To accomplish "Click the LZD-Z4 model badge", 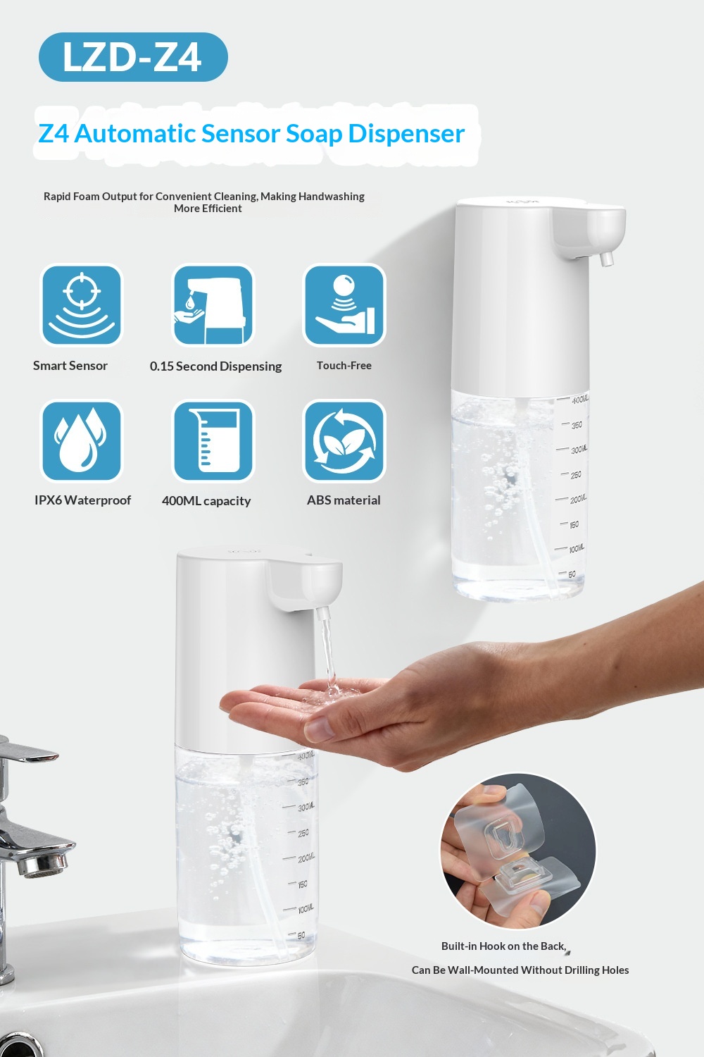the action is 133,57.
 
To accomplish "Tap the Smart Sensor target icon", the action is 82,305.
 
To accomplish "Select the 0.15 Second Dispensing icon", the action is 213,305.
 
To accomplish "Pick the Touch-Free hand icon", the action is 344,305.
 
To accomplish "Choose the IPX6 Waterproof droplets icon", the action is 82,440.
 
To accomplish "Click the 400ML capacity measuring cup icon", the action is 213,440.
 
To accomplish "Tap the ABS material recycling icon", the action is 344,440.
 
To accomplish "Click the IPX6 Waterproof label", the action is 82,500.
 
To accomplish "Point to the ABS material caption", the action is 344,500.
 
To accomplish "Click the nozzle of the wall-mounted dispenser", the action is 606,259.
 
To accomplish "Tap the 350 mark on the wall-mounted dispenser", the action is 577,425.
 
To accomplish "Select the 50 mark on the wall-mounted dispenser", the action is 572,574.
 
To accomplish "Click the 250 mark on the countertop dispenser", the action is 303,833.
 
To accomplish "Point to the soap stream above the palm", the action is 328,651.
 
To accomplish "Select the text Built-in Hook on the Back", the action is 503,946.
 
